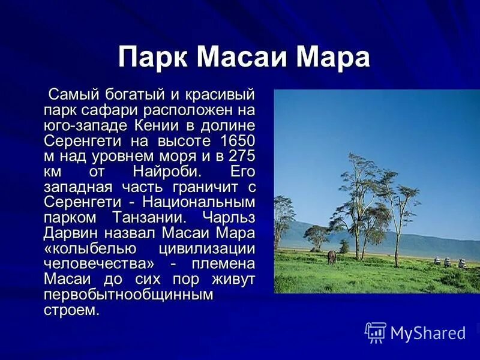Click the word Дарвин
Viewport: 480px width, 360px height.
pos(67,233)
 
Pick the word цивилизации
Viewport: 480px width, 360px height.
pos(207,248)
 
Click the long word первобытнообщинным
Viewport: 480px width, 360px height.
pos(128,295)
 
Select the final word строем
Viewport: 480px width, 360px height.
pos(70,310)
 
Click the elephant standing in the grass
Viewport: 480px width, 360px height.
pos(331,257)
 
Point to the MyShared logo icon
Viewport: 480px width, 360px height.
pos(376,332)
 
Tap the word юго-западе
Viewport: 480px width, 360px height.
pos(85,126)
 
